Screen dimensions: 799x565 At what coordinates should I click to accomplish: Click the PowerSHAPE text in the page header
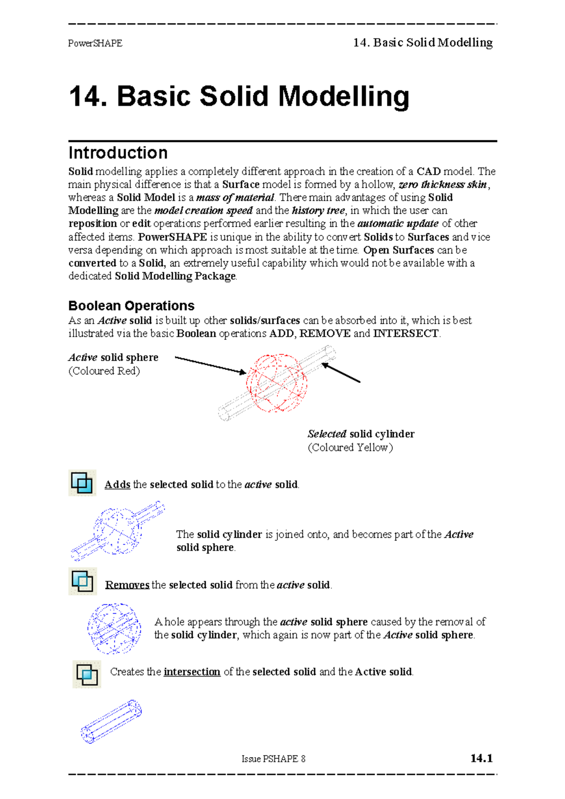[95, 43]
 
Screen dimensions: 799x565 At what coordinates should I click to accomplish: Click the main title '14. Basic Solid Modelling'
[239, 96]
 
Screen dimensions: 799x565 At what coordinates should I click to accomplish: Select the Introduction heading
[118, 153]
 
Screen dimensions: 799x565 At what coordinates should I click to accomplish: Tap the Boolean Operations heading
[131, 306]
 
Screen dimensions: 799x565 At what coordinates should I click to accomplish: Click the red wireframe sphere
[276, 383]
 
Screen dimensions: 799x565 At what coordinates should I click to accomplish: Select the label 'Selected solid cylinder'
[361, 434]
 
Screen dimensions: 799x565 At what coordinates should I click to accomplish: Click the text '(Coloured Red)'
[104, 371]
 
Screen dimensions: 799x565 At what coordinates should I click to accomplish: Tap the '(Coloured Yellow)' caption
[350, 447]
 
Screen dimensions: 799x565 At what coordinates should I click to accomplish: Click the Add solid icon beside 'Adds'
[82, 483]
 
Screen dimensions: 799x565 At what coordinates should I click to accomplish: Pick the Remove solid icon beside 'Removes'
[82, 581]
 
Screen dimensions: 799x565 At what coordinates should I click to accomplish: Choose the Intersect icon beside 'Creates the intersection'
[87, 674]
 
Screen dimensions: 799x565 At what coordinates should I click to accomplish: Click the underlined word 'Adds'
[117, 485]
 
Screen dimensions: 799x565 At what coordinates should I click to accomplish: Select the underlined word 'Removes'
[127, 585]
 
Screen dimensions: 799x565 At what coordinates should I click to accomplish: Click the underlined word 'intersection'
[192, 672]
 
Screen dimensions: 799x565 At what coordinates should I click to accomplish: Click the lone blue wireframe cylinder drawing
[112, 721]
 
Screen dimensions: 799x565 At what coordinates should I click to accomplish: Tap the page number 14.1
[481, 758]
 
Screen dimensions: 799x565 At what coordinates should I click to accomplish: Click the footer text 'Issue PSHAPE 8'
[273, 759]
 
